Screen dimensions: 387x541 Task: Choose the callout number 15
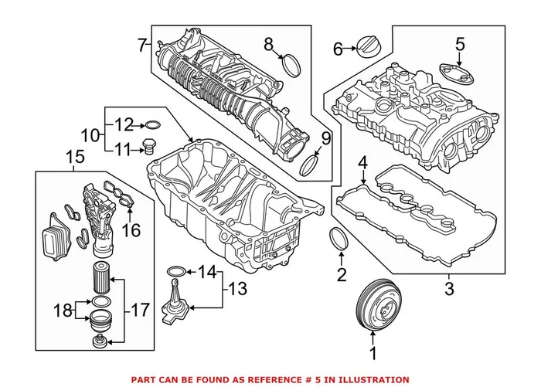point(75,158)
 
